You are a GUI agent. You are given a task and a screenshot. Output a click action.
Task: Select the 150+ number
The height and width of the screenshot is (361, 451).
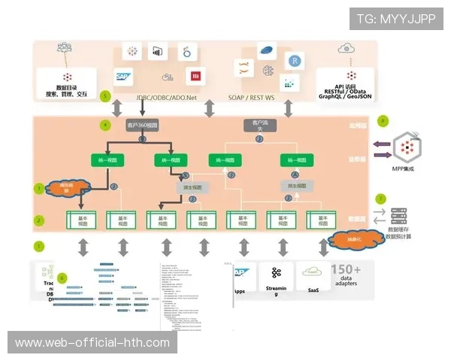[x=347, y=270]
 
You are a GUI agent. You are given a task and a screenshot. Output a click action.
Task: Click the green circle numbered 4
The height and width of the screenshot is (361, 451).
[x=106, y=124]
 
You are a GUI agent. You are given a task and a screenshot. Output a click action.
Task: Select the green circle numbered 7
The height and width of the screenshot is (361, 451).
[x=380, y=199]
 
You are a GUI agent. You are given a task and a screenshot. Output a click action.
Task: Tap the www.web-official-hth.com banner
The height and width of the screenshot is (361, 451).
[x=92, y=343]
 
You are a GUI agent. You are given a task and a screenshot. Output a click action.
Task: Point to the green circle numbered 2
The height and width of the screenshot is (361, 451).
[x=40, y=220]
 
